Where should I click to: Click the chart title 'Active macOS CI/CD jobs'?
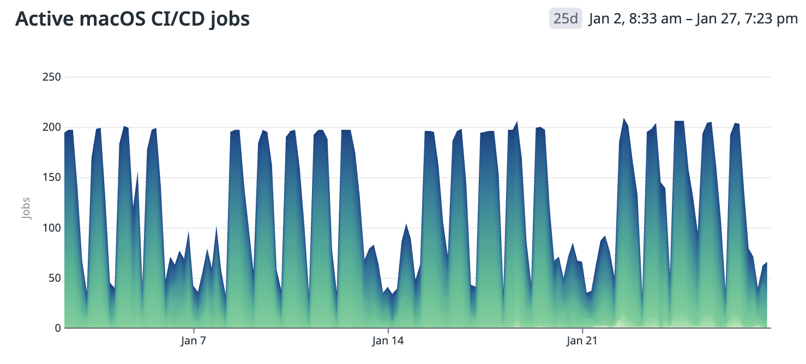pos(133,19)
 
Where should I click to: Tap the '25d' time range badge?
pos(565,19)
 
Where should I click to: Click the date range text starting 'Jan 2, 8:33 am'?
pos(693,19)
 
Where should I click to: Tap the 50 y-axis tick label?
pos(53,278)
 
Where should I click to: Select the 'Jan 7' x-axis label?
pos(194,342)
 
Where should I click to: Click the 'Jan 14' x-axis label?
pos(388,342)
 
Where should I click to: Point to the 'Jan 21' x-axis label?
pos(582,342)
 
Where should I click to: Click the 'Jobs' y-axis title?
pos(26,208)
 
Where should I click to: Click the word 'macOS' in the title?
pos(104,19)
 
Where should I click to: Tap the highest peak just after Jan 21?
pos(624,119)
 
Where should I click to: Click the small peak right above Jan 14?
pos(406,225)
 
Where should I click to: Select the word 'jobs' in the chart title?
pos(229,19)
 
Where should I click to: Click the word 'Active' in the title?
pos(40,19)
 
